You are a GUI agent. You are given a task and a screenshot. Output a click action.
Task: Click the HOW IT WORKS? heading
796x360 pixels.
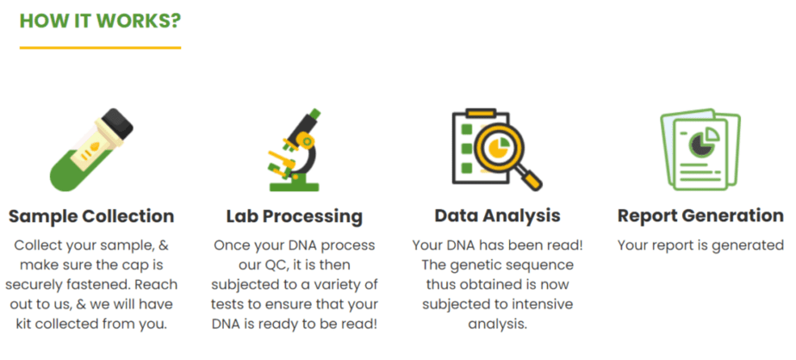coord(100,21)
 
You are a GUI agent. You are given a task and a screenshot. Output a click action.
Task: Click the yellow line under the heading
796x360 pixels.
coord(100,47)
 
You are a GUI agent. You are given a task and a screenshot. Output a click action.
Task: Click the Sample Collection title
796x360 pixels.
coord(91,216)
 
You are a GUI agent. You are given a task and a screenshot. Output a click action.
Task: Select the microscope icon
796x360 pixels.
coord(294,150)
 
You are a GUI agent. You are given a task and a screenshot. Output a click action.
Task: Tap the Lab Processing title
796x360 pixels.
coord(295,216)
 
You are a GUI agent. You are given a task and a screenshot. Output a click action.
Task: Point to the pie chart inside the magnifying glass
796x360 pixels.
coord(496,146)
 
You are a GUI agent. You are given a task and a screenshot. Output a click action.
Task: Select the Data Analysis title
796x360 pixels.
coord(498,216)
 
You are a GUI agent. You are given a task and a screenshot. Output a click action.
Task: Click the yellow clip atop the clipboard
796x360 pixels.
coord(481,113)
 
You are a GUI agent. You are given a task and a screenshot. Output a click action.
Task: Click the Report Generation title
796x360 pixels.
coord(700,216)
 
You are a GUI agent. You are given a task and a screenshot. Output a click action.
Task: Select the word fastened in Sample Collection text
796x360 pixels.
coord(105,284)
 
